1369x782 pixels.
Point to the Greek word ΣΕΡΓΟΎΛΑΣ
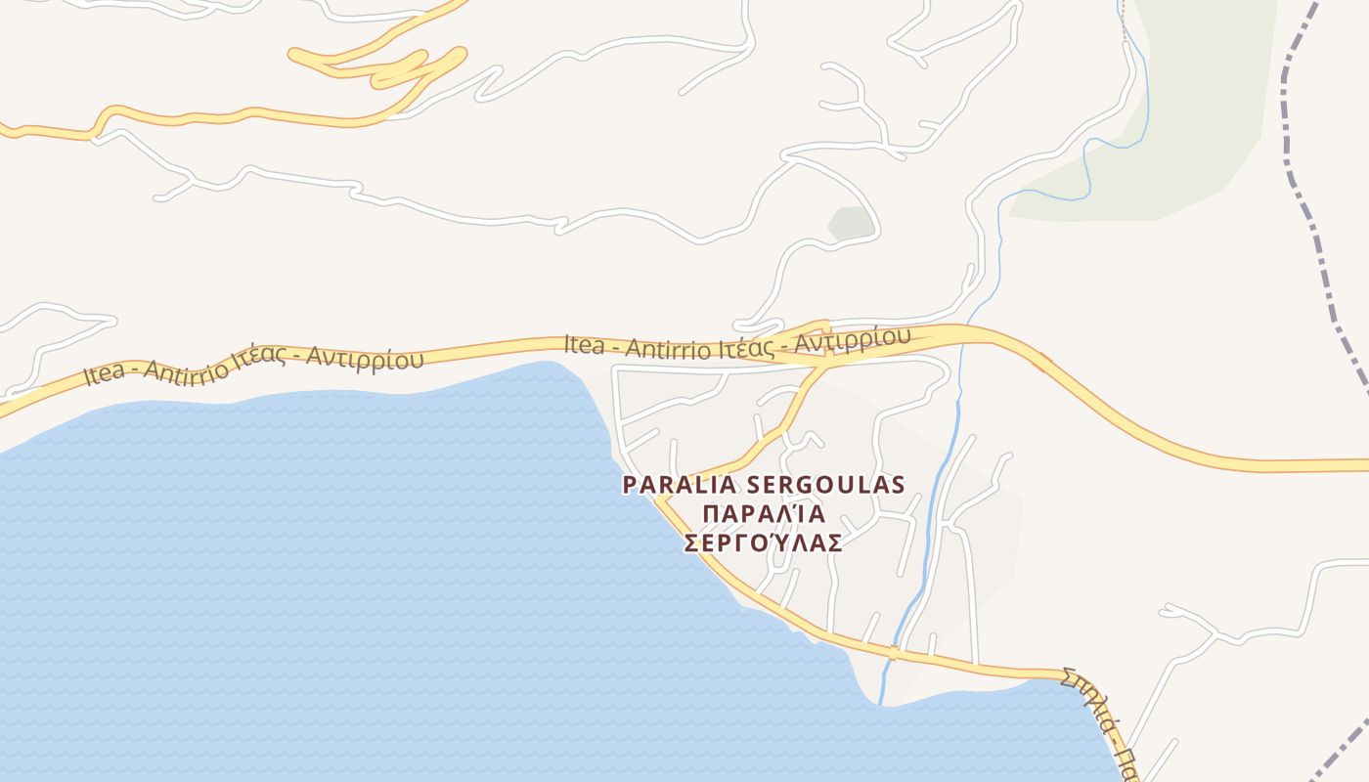click(x=763, y=543)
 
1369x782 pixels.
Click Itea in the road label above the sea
click(x=105, y=372)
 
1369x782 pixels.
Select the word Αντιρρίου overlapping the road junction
click(x=852, y=338)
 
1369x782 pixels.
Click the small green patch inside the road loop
click(x=850, y=223)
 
